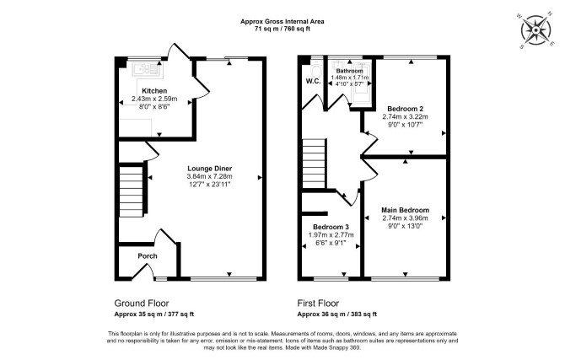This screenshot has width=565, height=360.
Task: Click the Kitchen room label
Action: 154,91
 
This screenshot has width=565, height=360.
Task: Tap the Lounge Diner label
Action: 209,169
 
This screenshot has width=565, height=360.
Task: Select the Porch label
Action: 148,255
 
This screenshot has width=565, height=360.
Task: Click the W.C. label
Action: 313,82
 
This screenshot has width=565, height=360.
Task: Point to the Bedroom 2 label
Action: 405,109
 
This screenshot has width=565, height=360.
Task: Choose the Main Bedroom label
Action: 405,210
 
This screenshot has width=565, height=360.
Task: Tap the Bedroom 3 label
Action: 331,227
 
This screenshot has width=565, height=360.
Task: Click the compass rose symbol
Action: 536,30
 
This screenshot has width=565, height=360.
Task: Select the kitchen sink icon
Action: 148,69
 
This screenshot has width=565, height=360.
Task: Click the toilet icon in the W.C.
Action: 315,69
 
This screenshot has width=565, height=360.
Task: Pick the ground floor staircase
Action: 132,191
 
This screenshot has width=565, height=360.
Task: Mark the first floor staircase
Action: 314,164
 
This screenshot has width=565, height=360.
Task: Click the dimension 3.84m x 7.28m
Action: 209,176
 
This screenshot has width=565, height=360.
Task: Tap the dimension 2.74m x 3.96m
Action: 405,218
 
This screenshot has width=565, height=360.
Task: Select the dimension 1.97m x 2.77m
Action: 331,235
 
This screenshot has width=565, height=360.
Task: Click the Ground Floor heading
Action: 142,304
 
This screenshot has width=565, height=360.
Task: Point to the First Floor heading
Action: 318,304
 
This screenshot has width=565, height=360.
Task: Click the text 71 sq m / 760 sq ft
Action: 282,30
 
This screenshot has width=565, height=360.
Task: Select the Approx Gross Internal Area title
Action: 282,22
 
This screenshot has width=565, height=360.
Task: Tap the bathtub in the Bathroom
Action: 362,83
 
